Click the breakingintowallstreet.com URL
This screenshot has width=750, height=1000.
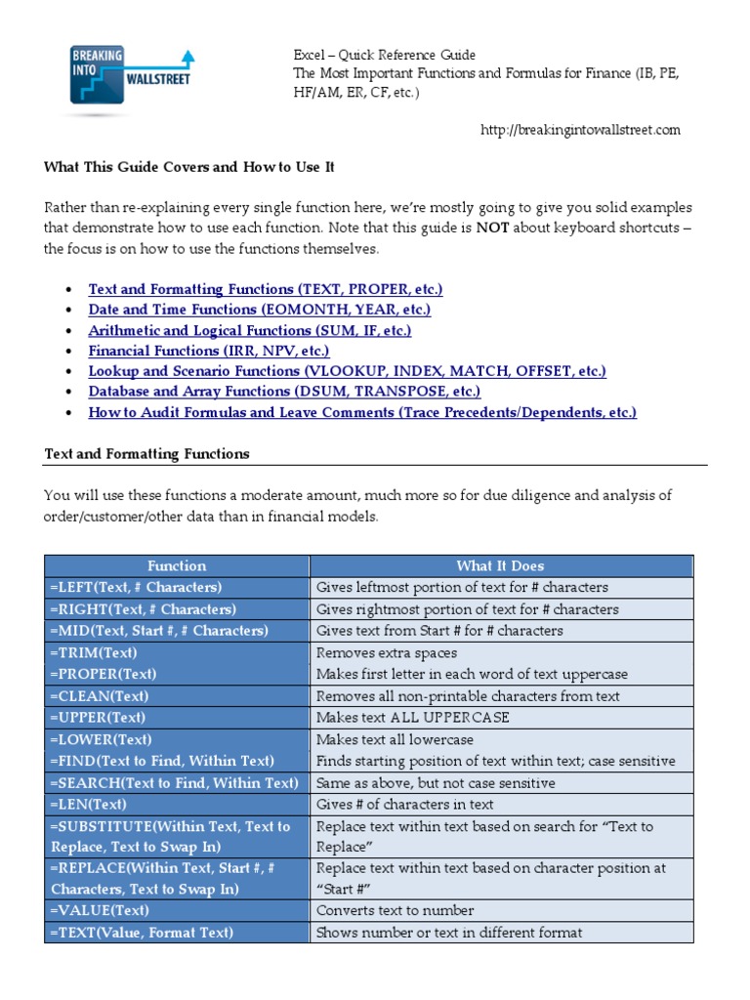pos(581,130)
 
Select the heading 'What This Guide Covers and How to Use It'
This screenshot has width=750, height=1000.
pos(189,167)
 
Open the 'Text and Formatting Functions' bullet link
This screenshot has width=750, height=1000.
pos(265,289)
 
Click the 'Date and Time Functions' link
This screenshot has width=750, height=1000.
pos(259,310)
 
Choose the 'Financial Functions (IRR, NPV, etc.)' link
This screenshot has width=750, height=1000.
pos(208,351)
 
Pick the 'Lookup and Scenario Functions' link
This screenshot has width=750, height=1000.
pos(347,371)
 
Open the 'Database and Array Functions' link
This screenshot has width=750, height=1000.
pos(284,392)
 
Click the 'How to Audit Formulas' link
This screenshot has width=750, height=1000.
pos(361,412)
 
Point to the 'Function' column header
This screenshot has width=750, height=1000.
pos(177,565)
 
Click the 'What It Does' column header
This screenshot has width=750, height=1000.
pos(500,565)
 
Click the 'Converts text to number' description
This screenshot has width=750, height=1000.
pos(396,910)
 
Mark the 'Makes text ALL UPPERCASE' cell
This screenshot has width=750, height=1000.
pos(413,718)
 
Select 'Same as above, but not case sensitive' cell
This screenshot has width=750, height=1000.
pos(436,783)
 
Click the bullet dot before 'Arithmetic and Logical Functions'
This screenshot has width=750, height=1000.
pos(66,331)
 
